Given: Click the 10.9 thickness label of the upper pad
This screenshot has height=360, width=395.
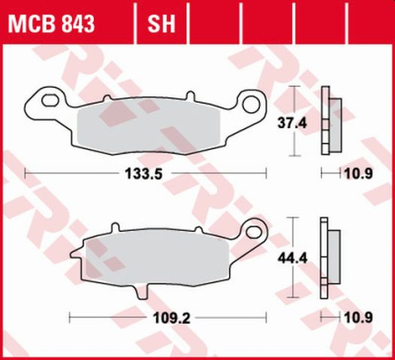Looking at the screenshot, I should [x=350, y=174].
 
